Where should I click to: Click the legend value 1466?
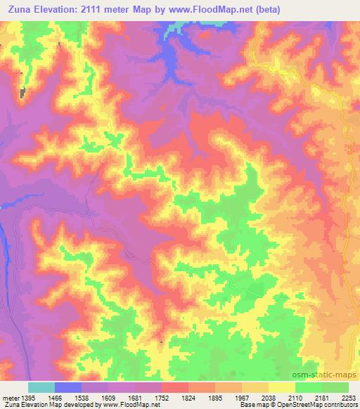[54, 397]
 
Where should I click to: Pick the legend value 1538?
[81, 397]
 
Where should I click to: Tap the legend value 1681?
[134, 397]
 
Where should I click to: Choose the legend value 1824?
[188, 397]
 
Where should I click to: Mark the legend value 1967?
[241, 397]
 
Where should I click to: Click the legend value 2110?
[295, 397]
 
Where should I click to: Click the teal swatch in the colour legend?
[41, 387]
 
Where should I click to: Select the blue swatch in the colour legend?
[68, 387]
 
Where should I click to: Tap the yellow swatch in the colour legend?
[282, 387]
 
